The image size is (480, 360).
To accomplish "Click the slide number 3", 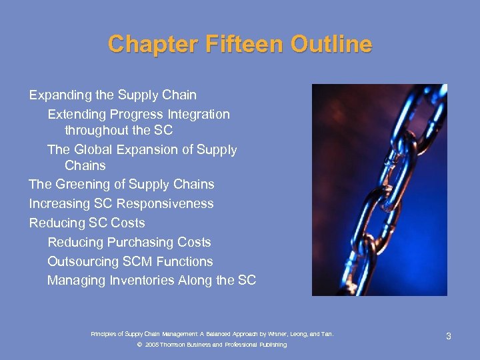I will point(449,336).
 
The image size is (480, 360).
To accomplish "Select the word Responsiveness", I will point(169,203).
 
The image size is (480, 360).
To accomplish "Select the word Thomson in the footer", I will point(175,345).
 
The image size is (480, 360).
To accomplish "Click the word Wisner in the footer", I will point(279,333).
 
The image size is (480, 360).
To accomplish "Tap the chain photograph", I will point(379,190).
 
